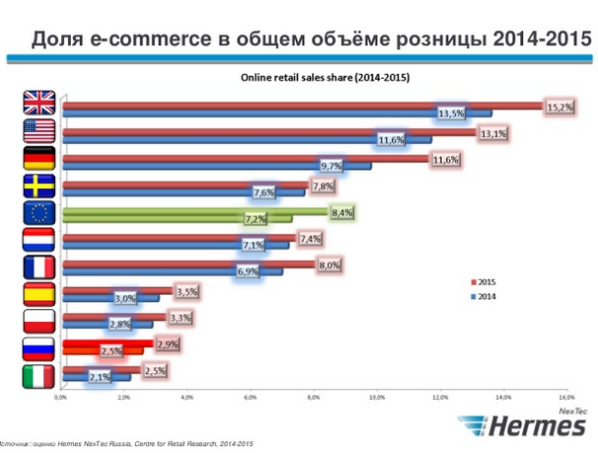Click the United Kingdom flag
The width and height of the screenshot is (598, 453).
(40, 103)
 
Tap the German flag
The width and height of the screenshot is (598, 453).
(40, 158)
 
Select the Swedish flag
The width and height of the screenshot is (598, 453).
(40, 186)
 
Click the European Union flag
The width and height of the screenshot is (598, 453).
(40, 213)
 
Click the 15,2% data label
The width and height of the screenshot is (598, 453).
(560, 107)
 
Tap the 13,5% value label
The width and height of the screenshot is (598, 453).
(451, 114)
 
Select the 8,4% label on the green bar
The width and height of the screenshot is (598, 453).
(342, 211)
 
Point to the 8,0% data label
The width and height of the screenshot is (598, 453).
(329, 264)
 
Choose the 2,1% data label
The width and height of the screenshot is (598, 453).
(99, 377)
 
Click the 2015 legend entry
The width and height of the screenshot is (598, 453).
(486, 281)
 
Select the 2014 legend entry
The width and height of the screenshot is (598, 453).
(486, 296)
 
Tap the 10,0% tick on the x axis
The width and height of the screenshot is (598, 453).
(376, 397)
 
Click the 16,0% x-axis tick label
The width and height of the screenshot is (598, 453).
(565, 397)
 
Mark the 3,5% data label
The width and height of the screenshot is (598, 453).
(186, 292)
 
